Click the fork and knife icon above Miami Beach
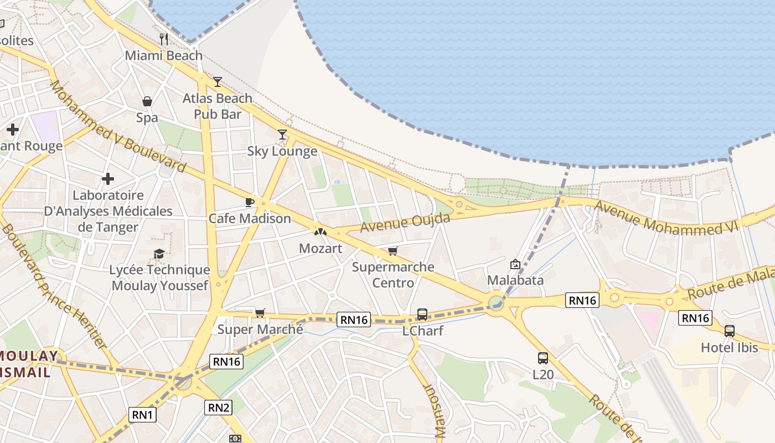click(163, 39)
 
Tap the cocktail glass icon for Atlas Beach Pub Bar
click(218, 82)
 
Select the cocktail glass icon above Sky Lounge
click(282, 134)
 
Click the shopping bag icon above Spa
click(147, 101)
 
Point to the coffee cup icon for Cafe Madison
click(250, 202)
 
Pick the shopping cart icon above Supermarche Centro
click(393, 251)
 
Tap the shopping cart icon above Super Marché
click(260, 313)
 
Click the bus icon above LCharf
click(422, 315)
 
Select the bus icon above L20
click(543, 358)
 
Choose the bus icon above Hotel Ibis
click(730, 331)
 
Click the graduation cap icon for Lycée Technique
click(159, 254)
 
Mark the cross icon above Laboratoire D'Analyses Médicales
click(108, 179)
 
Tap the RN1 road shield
click(143, 414)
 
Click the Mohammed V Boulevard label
click(117, 126)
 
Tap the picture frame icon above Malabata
click(515, 264)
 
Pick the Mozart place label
click(321, 249)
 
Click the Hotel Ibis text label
click(729, 348)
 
